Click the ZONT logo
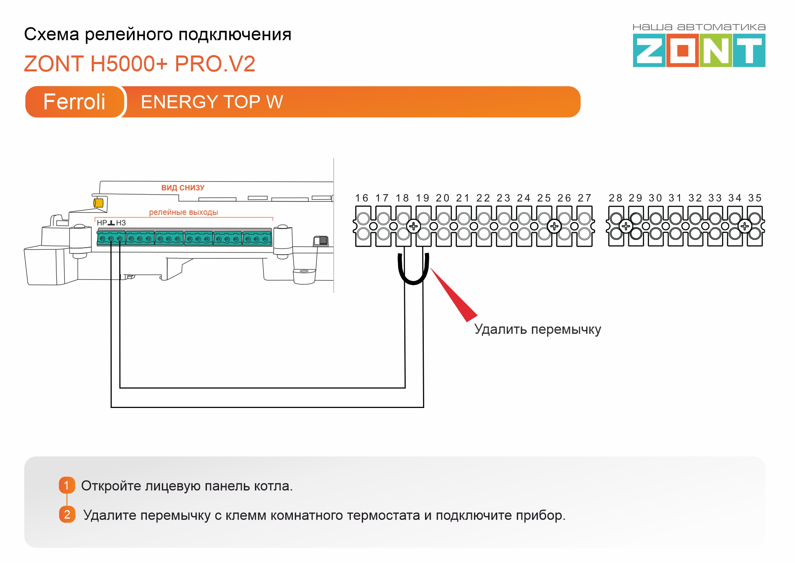699,50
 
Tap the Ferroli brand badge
74,102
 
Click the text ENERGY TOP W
212,102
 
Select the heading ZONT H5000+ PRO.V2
140,64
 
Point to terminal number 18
402,198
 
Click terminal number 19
423,198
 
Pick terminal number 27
584,198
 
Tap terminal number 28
616,198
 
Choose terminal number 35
755,198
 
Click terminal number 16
362,198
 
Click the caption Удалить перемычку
538,329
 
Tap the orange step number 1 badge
67,485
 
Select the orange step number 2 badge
67,514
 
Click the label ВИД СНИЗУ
183,188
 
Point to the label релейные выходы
183,212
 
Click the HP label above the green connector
102,223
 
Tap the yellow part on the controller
98,203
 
